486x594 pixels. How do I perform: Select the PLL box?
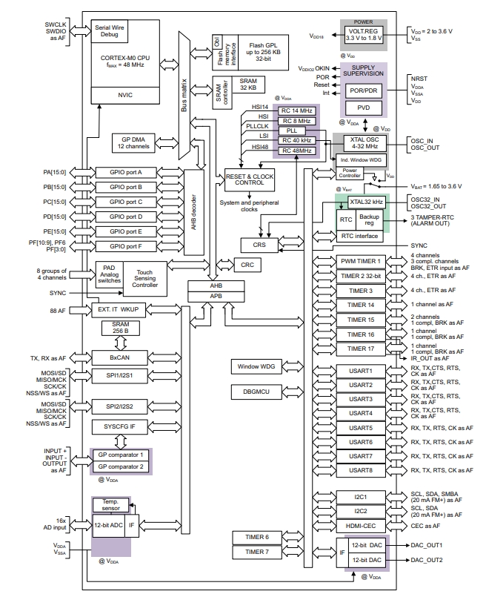click(x=296, y=130)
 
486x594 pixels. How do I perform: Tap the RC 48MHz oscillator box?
click(x=296, y=151)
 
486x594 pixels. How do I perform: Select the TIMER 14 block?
click(x=360, y=305)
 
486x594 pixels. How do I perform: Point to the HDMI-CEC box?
click(x=360, y=525)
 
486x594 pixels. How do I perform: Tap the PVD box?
click(x=363, y=108)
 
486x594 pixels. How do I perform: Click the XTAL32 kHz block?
click(x=362, y=202)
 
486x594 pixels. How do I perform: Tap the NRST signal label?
click(x=418, y=77)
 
